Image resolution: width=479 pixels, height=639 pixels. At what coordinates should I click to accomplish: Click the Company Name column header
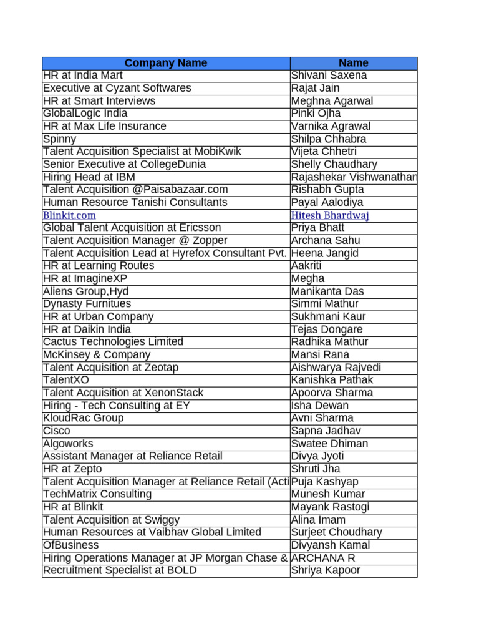point(166,63)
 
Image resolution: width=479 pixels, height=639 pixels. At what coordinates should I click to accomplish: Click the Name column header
point(353,63)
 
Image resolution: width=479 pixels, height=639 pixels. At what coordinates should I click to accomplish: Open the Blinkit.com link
point(69,215)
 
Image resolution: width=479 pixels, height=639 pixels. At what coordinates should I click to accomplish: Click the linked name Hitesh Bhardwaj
point(331,215)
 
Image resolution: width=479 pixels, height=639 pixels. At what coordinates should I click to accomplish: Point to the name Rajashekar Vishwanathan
point(354,177)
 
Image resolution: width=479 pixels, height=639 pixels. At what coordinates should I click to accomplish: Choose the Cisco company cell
point(57,431)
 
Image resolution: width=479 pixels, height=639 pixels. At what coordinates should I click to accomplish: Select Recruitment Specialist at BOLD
point(120,570)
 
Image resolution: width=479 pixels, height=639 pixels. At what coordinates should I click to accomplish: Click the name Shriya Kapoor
point(326,570)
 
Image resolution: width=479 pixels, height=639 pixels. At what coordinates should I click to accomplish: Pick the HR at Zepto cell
point(72,469)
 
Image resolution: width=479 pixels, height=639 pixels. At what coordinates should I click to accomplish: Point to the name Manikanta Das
point(327,291)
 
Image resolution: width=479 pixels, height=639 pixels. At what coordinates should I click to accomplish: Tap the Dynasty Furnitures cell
point(87,304)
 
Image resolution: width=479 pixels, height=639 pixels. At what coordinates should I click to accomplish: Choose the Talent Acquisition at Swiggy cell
point(111,520)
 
